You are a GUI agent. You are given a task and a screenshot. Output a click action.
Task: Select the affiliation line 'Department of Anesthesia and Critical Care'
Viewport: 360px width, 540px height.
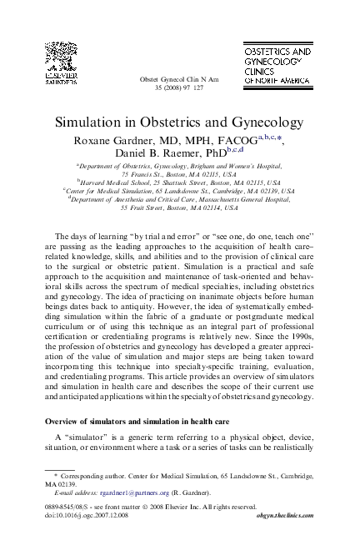pos(180,200)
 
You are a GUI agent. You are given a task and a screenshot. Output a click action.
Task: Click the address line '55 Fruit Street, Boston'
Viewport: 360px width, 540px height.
pos(180,210)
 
